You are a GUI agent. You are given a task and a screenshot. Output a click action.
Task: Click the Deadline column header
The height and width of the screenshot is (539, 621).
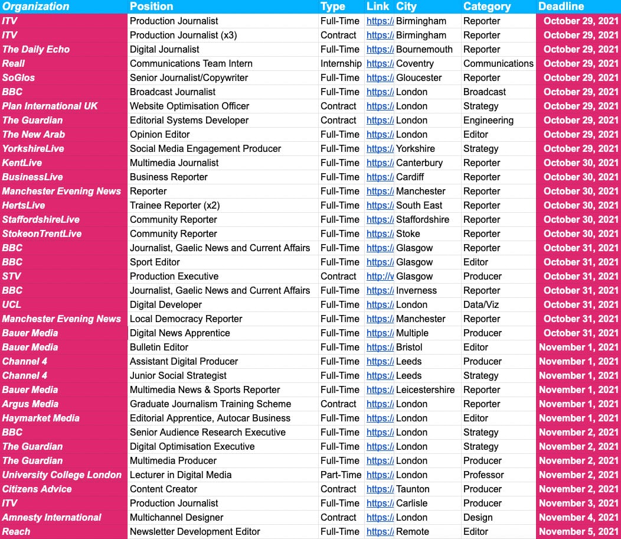(x=561, y=7)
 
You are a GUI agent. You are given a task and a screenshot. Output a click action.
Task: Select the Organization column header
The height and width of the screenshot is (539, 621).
(x=36, y=7)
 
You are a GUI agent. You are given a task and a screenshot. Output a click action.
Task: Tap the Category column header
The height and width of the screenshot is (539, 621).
(x=487, y=7)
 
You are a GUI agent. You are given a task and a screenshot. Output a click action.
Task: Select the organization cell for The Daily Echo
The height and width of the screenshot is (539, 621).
(x=36, y=49)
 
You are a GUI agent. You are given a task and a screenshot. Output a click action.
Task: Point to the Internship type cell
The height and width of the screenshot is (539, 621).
(x=341, y=63)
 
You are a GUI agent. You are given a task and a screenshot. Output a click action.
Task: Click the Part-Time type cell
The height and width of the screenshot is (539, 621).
(x=341, y=475)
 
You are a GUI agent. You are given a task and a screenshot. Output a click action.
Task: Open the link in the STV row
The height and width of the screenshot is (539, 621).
(x=380, y=276)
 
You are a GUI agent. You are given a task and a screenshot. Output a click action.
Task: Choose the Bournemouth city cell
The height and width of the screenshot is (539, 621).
(x=424, y=49)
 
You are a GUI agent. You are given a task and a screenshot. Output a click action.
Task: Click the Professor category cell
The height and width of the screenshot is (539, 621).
(x=483, y=475)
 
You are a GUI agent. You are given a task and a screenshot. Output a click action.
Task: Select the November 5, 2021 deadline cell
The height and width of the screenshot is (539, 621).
(x=578, y=531)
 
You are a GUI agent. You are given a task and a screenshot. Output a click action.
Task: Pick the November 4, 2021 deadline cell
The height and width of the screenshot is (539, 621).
(x=578, y=517)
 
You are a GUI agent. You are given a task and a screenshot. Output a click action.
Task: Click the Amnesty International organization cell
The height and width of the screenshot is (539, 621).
(x=52, y=517)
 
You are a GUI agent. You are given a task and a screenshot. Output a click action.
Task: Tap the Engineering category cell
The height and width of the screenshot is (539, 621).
(x=488, y=120)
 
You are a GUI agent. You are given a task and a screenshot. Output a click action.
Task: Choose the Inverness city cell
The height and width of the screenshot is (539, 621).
(x=416, y=290)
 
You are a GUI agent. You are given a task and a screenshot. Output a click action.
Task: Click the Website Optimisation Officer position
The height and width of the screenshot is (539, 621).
(x=189, y=106)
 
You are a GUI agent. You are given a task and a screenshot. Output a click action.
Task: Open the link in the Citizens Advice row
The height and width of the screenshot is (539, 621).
(x=380, y=489)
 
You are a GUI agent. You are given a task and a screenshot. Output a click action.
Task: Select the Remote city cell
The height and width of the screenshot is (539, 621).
(x=413, y=531)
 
